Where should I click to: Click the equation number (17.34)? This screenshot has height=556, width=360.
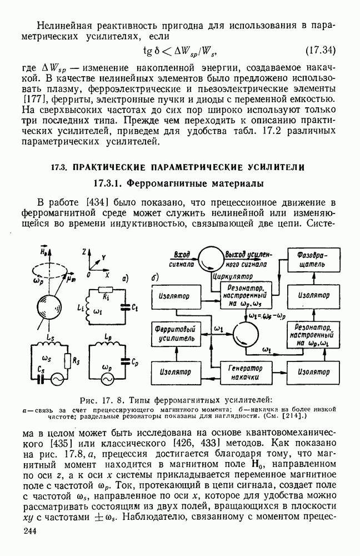tap(321, 51)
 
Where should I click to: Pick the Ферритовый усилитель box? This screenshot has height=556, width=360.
tap(174, 334)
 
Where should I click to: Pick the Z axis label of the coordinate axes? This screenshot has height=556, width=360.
tap(82, 252)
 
